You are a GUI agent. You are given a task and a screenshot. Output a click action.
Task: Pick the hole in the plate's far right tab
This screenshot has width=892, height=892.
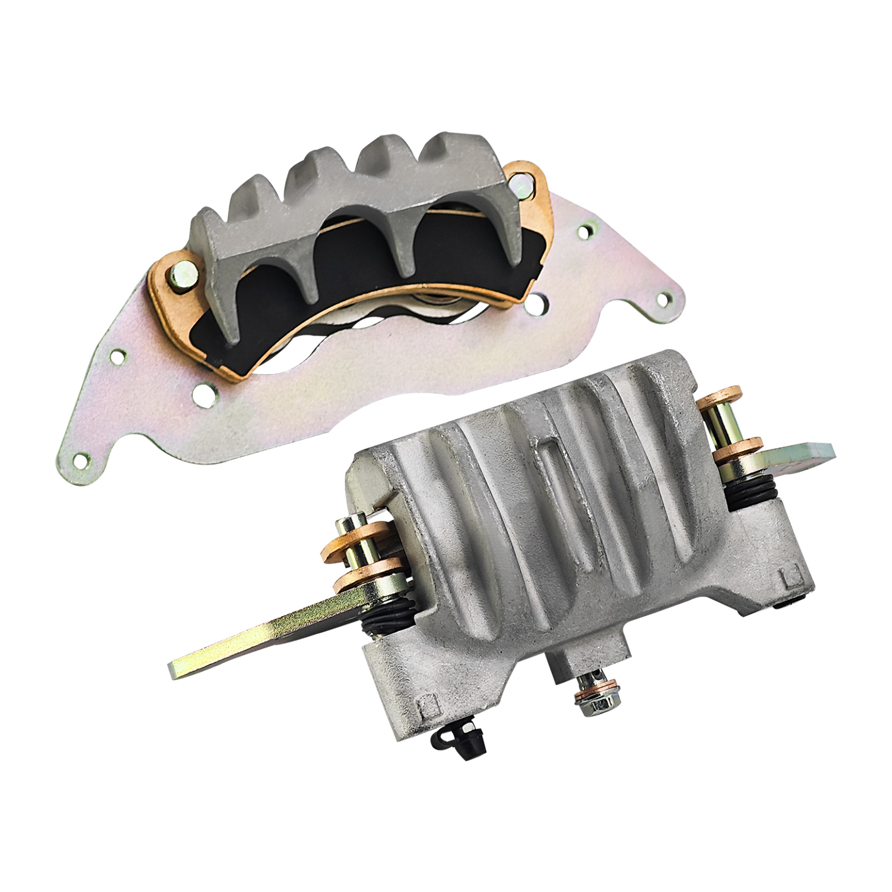664,300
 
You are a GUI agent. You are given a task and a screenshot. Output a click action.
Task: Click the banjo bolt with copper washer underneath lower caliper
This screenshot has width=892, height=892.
591,698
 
